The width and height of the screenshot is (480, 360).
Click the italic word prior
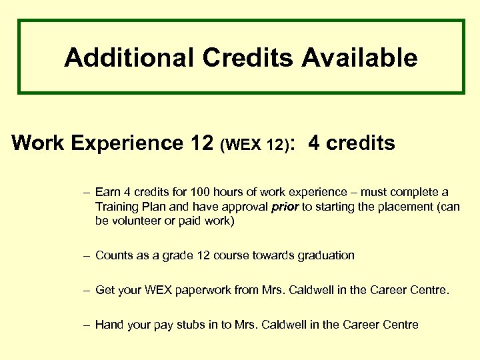pyautogui.click(x=286, y=207)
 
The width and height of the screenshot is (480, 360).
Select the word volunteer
pyautogui.click(x=137, y=221)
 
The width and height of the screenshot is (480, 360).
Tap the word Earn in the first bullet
pyautogui.click(x=108, y=193)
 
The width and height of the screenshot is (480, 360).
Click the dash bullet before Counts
pyautogui.click(x=87, y=255)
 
